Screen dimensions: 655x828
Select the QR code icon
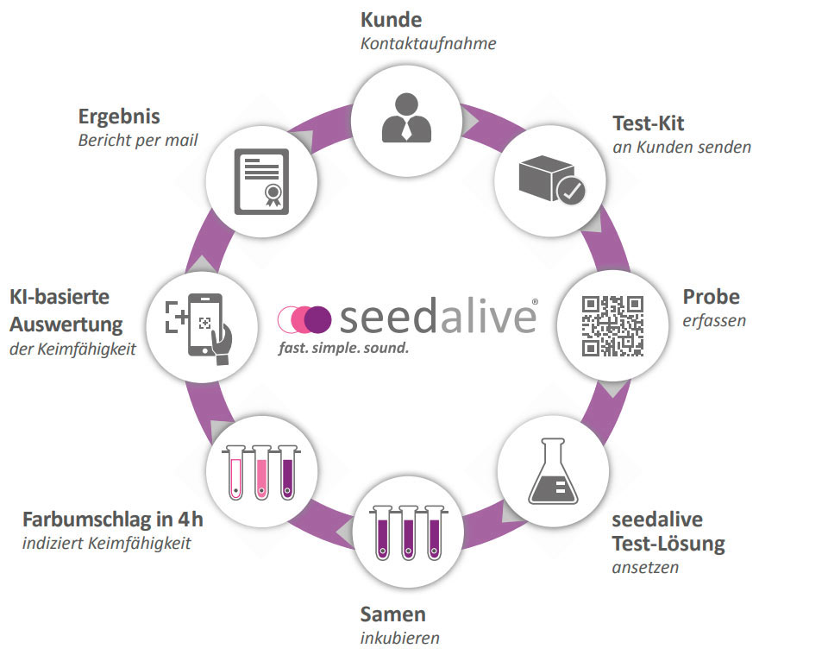pos(613,325)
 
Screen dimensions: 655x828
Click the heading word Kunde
pos(391,21)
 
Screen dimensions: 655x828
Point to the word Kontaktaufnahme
pos(428,43)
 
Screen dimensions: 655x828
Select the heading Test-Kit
pos(649,123)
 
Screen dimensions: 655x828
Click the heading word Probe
pos(712,297)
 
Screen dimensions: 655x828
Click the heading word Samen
pos(392,614)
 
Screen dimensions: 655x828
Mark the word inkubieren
pos(399,639)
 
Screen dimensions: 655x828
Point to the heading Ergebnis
pos(119,117)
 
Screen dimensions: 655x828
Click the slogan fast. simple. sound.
pos(343,349)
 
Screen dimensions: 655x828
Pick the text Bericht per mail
pos(138,140)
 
